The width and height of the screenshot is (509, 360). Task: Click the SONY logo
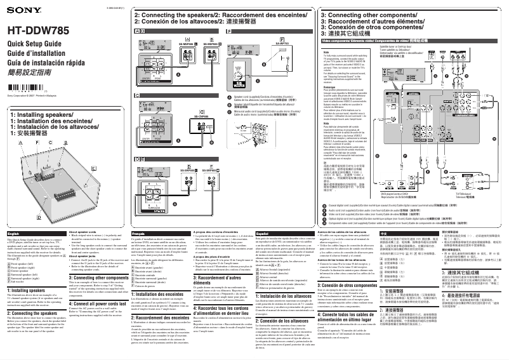[x=18, y=12]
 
